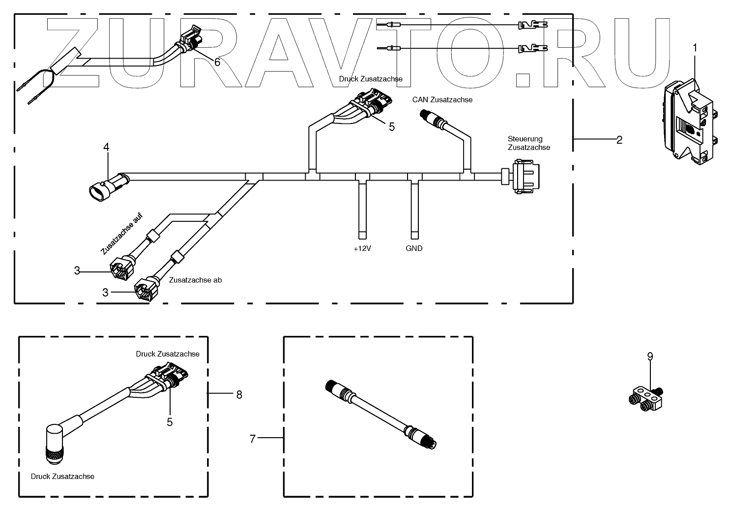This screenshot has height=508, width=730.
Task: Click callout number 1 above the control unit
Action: [695, 48]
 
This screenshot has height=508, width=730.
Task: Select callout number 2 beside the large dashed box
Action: [619, 140]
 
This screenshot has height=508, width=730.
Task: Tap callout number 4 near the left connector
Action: [106, 147]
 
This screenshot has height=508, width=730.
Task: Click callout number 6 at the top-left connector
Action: [217, 62]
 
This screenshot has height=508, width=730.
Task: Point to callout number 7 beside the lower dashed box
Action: [253, 439]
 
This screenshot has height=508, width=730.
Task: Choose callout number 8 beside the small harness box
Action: [239, 394]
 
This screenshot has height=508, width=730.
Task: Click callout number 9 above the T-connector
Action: [650, 357]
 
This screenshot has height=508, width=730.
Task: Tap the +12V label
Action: [362, 249]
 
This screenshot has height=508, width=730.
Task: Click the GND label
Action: [414, 249]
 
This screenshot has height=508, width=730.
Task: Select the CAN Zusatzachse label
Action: [442, 100]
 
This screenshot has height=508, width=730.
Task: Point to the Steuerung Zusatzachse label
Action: [528, 143]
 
